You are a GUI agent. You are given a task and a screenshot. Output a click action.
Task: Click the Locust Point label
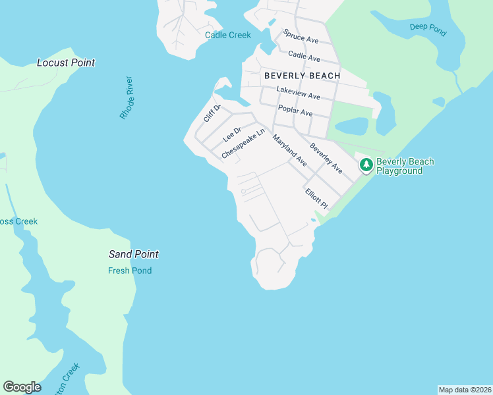66,63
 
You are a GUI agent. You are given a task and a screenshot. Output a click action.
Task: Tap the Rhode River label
127,98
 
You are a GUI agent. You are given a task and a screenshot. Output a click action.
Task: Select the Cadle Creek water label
228,36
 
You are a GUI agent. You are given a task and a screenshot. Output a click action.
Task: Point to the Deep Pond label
428,27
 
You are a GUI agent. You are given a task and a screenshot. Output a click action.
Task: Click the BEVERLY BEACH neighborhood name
303,76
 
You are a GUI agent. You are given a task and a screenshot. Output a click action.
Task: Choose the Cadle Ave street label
304,57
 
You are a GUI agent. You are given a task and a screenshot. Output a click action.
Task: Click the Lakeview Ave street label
298,93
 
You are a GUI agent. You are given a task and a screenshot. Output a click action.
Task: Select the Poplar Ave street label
295,111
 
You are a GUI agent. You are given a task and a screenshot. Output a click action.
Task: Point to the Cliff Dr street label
212,114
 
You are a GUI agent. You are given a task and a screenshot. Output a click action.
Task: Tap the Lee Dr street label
233,134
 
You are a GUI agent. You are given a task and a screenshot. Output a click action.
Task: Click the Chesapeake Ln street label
243,144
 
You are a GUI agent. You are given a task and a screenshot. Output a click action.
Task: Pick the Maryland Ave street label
290,151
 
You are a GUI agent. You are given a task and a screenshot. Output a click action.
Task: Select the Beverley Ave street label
326,159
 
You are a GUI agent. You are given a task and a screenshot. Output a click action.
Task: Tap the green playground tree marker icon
366,165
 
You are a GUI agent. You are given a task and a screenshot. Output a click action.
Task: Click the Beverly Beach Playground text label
405,167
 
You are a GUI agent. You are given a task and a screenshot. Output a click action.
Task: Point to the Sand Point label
134,255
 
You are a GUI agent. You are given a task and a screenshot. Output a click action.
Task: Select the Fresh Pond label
130,271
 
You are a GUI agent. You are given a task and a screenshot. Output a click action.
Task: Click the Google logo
22,387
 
